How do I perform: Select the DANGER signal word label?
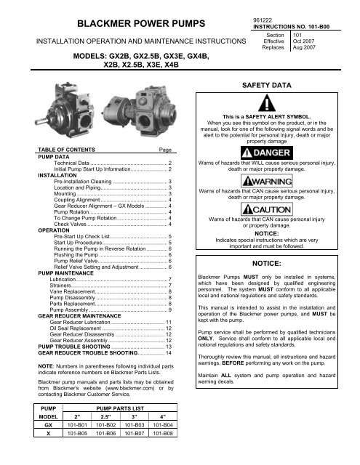(268, 153)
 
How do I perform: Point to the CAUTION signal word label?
(268, 207)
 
